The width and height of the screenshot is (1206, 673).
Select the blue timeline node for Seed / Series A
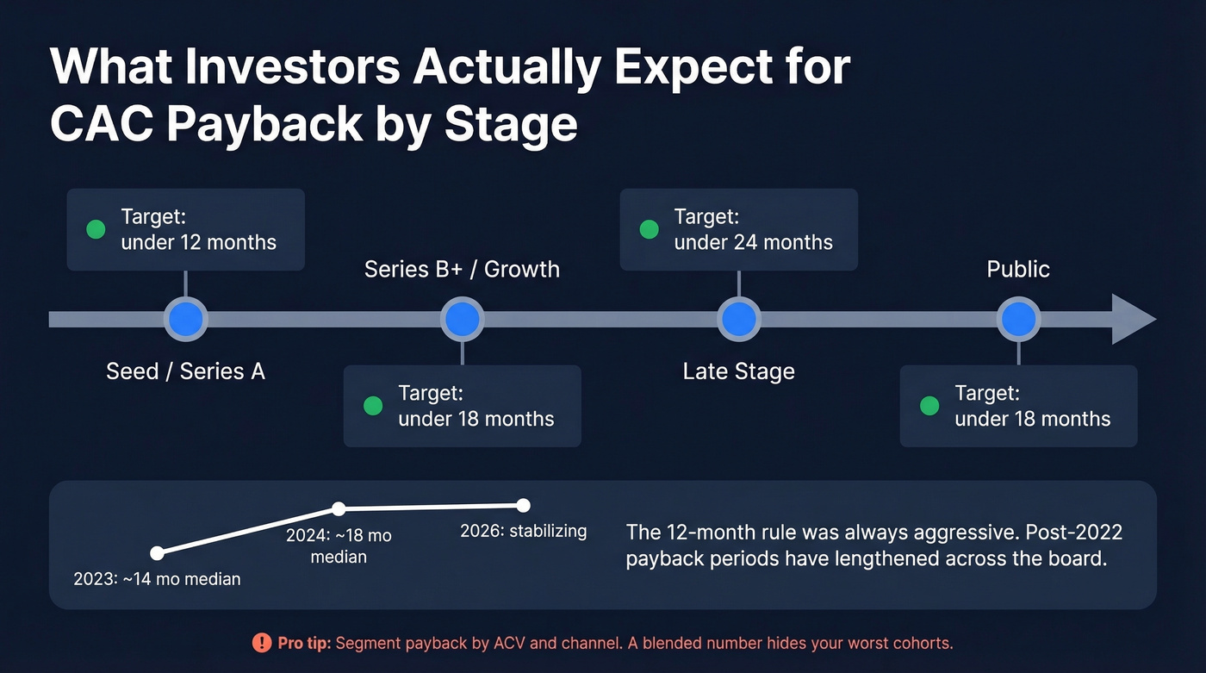[185, 320]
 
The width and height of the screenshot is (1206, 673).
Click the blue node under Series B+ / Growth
[462, 320]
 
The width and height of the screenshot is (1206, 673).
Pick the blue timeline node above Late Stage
[738, 320]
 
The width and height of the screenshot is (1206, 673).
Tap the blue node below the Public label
[1018, 320]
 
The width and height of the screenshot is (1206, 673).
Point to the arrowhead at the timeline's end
[1133, 320]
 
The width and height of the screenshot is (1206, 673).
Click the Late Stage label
[738, 371]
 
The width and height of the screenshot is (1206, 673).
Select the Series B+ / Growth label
[462, 269]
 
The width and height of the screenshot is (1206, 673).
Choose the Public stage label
[1018, 269]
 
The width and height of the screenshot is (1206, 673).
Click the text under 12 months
[198, 242]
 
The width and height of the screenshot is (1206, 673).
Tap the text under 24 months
[753, 242]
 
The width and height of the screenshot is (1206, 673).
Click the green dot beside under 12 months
[96, 229]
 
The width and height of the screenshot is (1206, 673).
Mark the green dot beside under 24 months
[650, 229]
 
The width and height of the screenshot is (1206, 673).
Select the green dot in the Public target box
[929, 406]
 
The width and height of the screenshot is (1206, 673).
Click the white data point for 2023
[157, 553]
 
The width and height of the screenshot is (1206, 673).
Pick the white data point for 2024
[339, 508]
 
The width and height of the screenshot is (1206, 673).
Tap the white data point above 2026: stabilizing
[523, 505]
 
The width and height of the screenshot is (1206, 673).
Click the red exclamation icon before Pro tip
[262, 643]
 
